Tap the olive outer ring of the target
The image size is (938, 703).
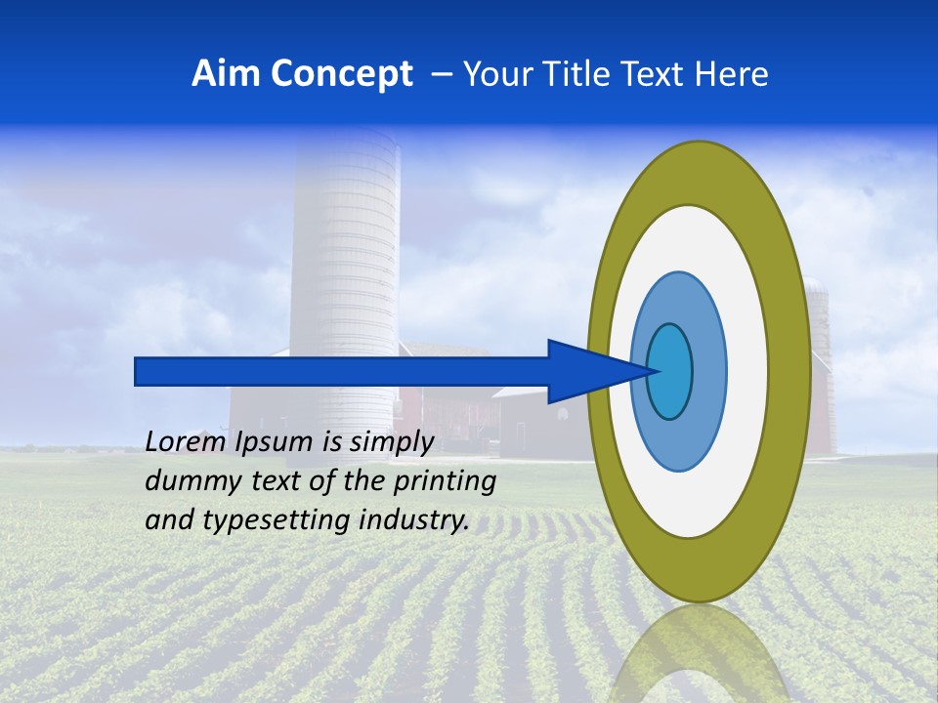(793, 371)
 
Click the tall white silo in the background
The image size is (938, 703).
(344, 254)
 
